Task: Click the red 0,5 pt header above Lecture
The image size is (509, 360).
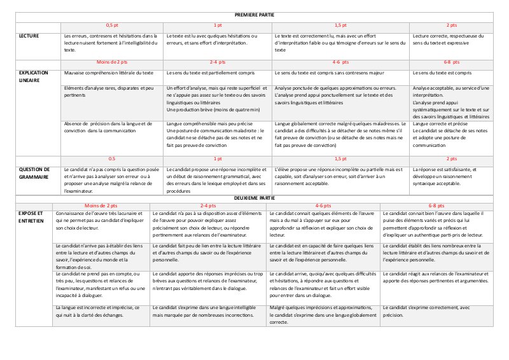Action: click(111, 24)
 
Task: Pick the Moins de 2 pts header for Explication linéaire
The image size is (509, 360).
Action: click(111, 63)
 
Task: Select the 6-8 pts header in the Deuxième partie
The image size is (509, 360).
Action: click(436, 205)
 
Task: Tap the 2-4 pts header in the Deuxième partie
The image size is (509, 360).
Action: click(207, 205)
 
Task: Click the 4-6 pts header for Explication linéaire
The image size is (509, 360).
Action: click(340, 63)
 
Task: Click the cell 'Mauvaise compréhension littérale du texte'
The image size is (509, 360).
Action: click(109, 73)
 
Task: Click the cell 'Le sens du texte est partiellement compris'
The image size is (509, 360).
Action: click(211, 73)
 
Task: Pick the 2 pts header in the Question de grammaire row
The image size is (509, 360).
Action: click(452, 158)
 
